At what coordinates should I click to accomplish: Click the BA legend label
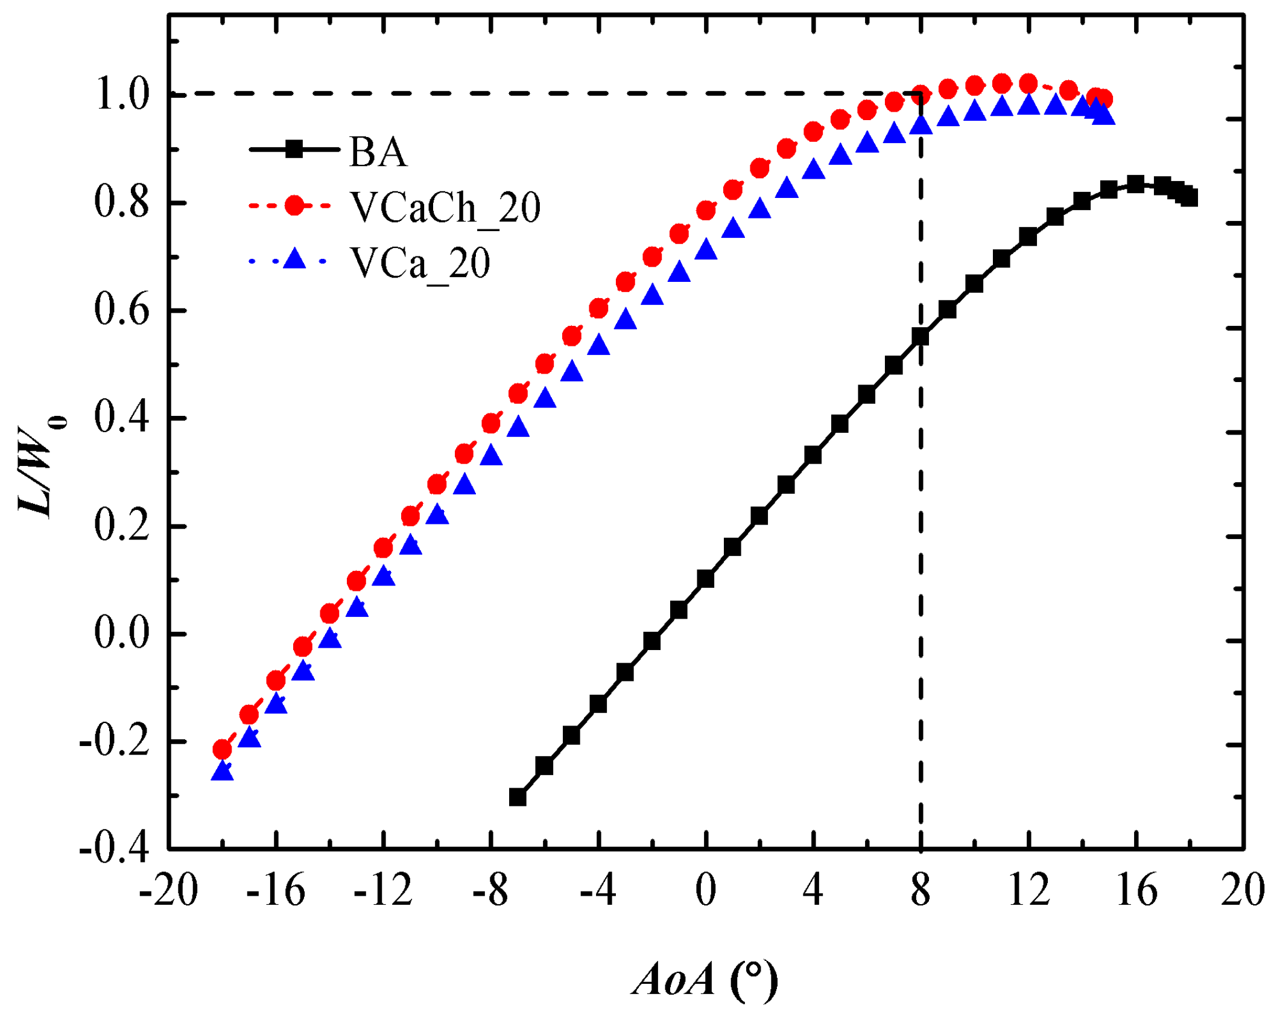378,151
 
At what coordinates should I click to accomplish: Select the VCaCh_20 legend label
445,207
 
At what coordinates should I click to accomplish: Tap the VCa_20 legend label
420,263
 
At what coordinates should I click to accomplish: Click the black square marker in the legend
294,149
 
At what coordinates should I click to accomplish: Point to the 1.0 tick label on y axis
122,95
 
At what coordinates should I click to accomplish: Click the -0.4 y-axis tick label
114,849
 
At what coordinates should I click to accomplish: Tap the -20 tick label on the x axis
168,890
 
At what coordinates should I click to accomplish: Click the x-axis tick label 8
921,890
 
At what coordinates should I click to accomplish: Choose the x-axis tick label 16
1136,890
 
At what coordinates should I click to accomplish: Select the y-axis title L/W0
42,471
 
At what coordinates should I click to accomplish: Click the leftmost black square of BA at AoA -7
518,797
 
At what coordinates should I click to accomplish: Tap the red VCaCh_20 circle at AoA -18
223,750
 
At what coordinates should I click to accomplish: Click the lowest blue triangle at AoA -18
223,771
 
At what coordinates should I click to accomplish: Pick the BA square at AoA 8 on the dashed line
921,337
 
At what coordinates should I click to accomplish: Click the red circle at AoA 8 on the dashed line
921,95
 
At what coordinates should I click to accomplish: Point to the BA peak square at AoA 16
1136,184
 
